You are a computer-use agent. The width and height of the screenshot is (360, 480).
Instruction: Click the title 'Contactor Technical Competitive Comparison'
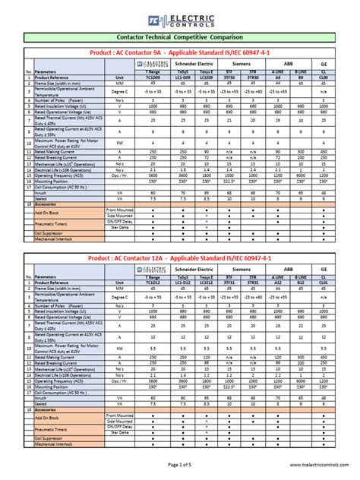coord(180,36)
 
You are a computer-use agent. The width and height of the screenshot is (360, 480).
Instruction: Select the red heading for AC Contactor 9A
coord(180,53)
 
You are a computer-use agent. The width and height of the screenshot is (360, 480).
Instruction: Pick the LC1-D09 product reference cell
coord(183,77)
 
